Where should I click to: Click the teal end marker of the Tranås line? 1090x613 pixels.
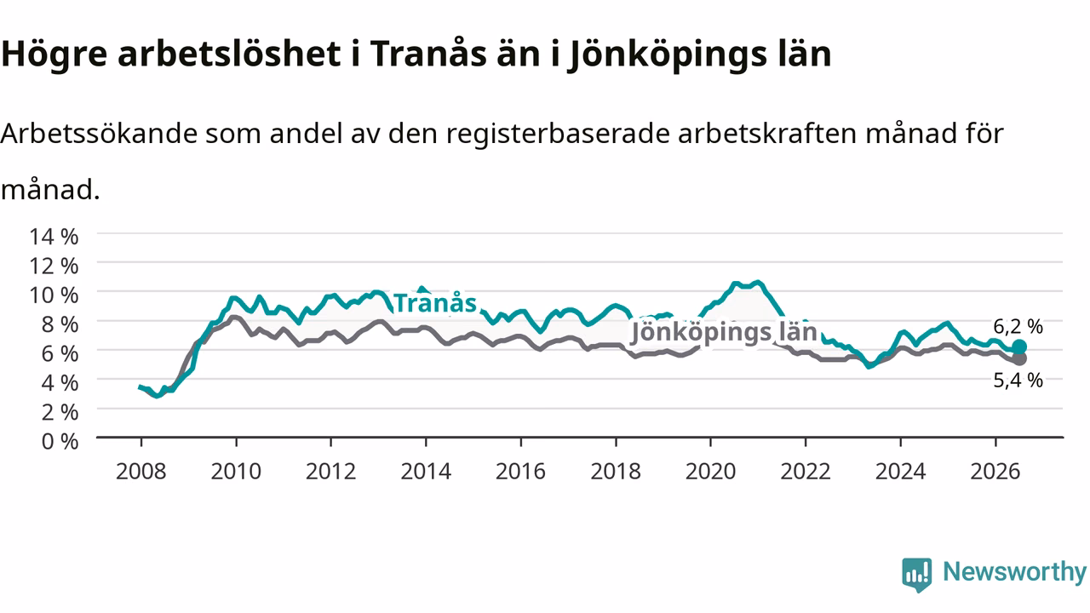point(1019,347)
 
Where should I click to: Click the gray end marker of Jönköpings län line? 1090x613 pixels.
point(1019,359)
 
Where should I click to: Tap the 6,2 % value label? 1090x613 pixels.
point(1018,327)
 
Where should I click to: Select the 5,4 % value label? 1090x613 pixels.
point(1018,381)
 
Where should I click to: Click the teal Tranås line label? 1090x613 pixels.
point(435,303)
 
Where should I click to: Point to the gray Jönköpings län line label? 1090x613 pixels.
point(724,333)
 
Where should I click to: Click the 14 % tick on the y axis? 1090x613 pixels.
point(54,237)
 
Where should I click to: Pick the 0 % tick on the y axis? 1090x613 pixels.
point(60,442)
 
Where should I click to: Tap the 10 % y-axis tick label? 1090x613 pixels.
point(54,295)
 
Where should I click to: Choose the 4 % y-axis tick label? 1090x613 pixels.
point(60,383)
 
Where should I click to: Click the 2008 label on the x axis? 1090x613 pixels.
point(141,472)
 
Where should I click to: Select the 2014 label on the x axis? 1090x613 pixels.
point(426,472)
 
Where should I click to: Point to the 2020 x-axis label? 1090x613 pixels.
point(710,472)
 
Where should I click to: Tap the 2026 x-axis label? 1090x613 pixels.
point(995,472)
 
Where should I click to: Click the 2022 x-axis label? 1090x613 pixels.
point(806,472)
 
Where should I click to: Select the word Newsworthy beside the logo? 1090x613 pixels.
point(1014,571)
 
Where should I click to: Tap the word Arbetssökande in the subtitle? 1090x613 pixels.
point(99,134)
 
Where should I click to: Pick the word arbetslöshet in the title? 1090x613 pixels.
point(229,53)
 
